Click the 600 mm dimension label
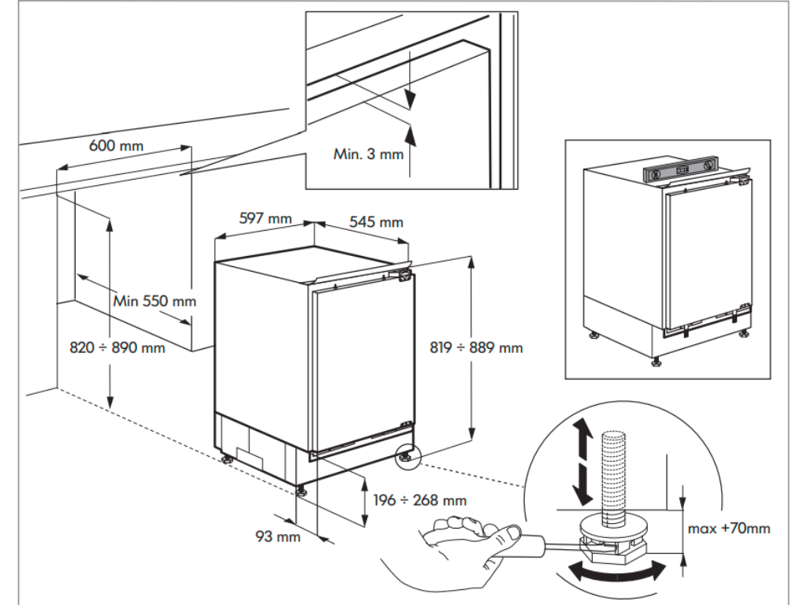click(x=117, y=146)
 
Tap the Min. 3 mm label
click(x=367, y=154)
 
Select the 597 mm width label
click(x=265, y=218)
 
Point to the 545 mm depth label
click(x=376, y=222)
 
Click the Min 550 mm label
click(x=154, y=301)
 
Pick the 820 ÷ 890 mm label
click(x=118, y=347)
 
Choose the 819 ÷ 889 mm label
click(x=476, y=347)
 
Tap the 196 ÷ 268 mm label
click(x=420, y=500)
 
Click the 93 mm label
click(x=278, y=537)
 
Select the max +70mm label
click(x=729, y=528)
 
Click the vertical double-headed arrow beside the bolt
click(x=582, y=461)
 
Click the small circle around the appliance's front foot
click(x=408, y=456)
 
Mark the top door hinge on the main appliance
click(x=404, y=275)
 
